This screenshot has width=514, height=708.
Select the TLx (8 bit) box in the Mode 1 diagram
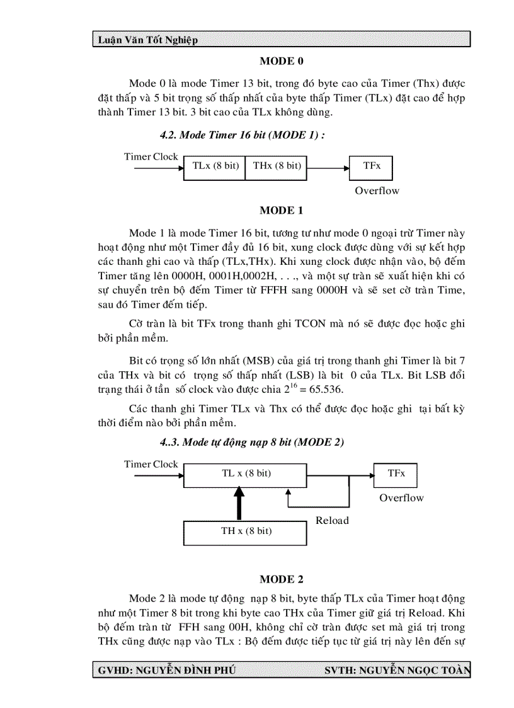coord(215,166)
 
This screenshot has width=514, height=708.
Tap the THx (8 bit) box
coord(277,166)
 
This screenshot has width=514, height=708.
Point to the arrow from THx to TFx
coord(328,168)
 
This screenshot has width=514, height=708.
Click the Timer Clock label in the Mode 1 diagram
coord(151,156)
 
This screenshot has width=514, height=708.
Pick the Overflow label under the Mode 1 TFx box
coord(377,190)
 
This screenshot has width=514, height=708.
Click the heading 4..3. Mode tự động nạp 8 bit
coord(252,442)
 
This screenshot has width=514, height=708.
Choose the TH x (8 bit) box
coord(246,531)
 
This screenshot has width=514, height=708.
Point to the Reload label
coord(332,520)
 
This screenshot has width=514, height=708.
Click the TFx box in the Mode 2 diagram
coord(396,473)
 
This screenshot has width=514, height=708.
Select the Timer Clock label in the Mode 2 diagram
coord(151,464)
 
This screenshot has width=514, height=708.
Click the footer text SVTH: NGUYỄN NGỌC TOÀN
coord(397,670)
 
